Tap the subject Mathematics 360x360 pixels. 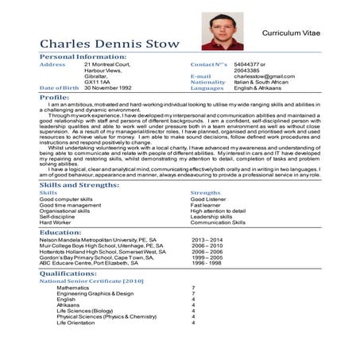pyautogui.click(x=72, y=288)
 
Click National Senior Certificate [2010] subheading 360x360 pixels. pyautogui.click(x=91, y=281)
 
